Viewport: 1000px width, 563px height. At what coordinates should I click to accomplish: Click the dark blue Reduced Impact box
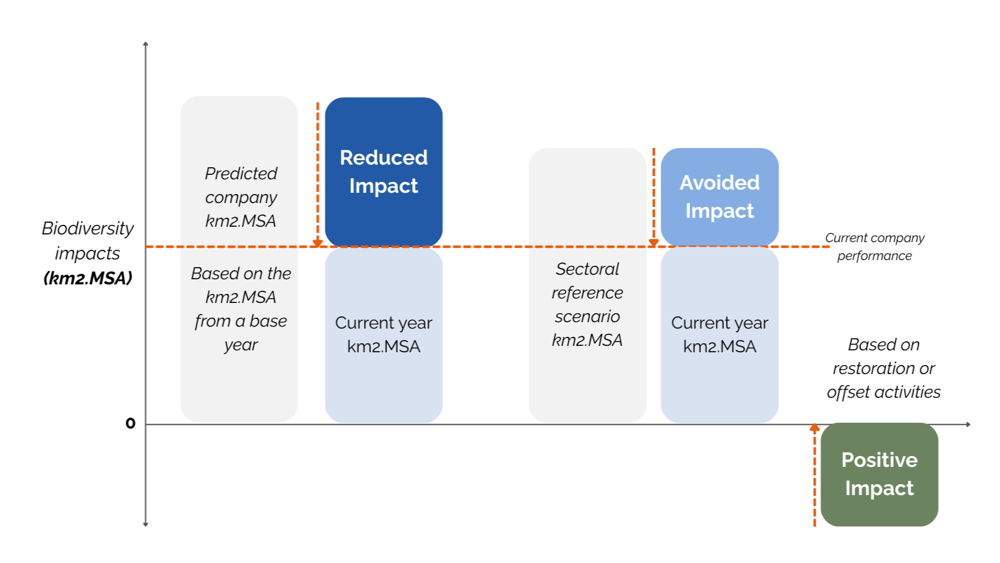click(x=383, y=171)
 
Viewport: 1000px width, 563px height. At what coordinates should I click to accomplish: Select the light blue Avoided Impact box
click(x=719, y=196)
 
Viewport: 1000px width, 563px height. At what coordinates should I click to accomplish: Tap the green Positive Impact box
click(x=879, y=474)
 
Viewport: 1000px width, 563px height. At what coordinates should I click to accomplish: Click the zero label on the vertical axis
click(x=131, y=423)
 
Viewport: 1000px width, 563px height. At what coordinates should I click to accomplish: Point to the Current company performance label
click(x=874, y=247)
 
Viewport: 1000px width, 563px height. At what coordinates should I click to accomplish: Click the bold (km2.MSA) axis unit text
click(x=88, y=278)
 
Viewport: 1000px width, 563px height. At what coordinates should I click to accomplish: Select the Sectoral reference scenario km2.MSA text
click(x=587, y=304)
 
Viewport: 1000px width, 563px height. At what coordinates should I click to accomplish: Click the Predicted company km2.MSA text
click(x=241, y=197)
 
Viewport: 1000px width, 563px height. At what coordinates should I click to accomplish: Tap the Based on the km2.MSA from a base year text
click(x=241, y=309)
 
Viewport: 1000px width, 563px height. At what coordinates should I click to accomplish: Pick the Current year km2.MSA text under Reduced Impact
click(x=383, y=334)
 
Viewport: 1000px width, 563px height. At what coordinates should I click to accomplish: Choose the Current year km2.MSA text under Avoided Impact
click(x=719, y=334)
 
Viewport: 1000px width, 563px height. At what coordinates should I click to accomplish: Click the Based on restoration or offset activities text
click(x=883, y=368)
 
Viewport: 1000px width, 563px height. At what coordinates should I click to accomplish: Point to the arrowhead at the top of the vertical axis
click(x=146, y=44)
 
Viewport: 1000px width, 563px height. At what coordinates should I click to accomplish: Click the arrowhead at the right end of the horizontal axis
click(x=968, y=424)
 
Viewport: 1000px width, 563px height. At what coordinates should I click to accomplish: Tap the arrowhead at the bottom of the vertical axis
click(x=146, y=524)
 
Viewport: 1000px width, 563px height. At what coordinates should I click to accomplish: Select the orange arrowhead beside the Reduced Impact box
click(x=318, y=243)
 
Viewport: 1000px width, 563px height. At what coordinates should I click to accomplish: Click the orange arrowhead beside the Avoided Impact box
click(x=653, y=243)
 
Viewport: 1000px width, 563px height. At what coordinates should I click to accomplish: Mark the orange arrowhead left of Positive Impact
click(x=814, y=427)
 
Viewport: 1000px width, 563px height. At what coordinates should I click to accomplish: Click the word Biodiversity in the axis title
click(x=88, y=228)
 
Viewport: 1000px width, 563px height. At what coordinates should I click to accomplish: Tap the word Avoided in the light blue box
click(x=719, y=183)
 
